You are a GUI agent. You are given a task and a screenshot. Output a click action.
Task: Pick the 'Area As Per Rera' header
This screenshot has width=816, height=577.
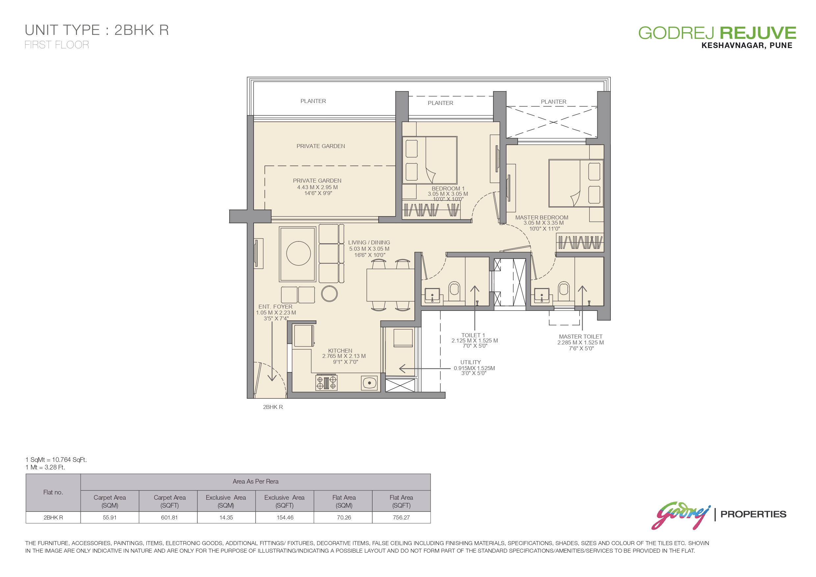[x=256, y=481]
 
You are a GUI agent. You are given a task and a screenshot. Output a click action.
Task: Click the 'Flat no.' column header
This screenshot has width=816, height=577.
[x=53, y=492]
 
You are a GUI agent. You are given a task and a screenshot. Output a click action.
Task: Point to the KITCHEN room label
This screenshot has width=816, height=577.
[x=340, y=351]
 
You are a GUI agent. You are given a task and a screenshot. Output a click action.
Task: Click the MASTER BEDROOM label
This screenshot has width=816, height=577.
[x=542, y=217]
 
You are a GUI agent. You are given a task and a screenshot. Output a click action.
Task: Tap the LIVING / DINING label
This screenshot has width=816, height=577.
[x=369, y=242]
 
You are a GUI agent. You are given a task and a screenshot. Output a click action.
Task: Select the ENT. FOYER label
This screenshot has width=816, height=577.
[x=275, y=307]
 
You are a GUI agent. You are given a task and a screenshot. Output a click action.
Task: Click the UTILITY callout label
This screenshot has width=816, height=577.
[x=471, y=362]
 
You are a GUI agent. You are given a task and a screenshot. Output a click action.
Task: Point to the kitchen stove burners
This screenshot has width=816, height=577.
[x=326, y=383]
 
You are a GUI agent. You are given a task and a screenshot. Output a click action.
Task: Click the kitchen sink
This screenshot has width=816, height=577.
[x=369, y=383]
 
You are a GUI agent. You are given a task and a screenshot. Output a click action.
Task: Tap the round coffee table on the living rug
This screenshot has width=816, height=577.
[x=299, y=254]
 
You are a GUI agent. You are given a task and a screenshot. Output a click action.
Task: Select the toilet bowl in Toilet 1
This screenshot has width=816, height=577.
[x=454, y=289]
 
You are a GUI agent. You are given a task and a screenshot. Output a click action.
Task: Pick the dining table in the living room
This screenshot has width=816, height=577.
[x=391, y=285]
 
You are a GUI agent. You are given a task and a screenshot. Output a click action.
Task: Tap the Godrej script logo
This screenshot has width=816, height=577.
[x=680, y=515]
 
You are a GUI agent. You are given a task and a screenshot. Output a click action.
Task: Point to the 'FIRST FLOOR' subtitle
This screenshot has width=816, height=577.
[x=57, y=45]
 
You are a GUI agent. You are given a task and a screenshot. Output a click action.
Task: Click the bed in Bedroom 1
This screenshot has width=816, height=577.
[x=430, y=160]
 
